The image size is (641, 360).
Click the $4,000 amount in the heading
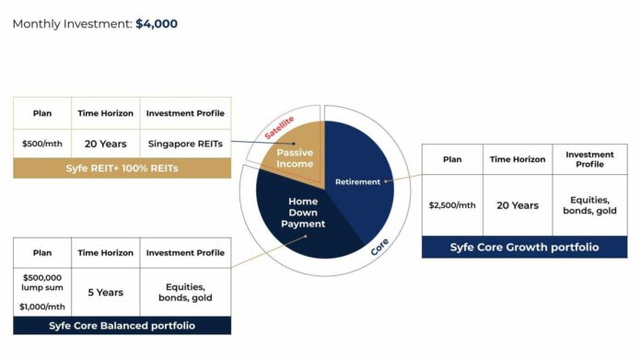click(x=157, y=24)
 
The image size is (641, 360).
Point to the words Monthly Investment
click(x=72, y=24)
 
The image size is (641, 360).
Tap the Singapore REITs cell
click(x=184, y=143)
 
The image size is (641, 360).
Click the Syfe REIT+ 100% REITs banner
click(x=122, y=168)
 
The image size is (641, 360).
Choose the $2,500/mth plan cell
click(x=452, y=204)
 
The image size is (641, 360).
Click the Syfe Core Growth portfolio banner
click(x=524, y=247)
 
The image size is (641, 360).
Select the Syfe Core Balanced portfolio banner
click(x=122, y=325)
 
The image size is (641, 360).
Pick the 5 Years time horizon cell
click(x=105, y=292)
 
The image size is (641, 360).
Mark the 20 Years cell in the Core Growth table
click(x=518, y=204)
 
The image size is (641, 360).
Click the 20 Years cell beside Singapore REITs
click(x=105, y=143)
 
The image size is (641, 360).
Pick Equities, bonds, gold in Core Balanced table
click(x=184, y=292)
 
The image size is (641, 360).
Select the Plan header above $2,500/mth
click(x=452, y=159)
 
